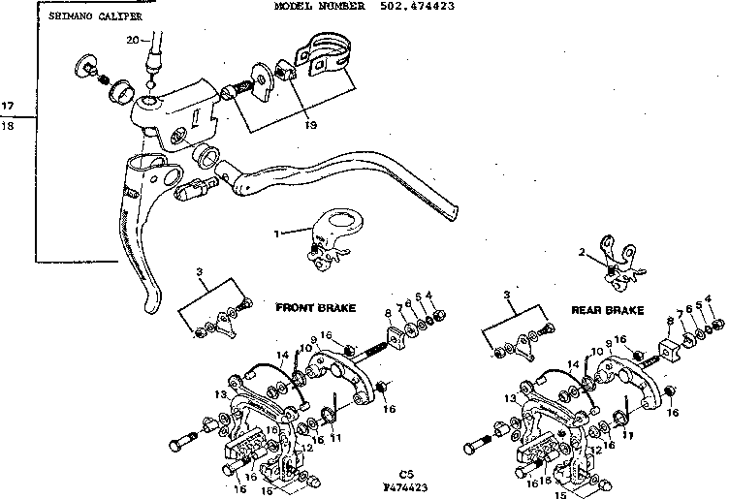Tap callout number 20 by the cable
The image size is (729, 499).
(133, 39)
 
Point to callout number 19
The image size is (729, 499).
(282, 125)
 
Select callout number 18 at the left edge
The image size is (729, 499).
(9, 127)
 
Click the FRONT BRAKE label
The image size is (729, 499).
(315, 307)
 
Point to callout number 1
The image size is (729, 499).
(278, 233)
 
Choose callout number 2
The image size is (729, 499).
(582, 252)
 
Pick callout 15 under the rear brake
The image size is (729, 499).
(558, 493)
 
